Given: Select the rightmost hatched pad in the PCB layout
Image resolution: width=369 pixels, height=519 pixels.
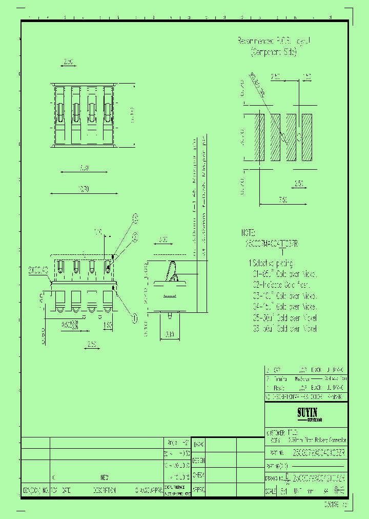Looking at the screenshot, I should coord(307,137).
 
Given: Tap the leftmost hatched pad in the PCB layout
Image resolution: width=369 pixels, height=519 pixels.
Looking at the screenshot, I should coord(259,137).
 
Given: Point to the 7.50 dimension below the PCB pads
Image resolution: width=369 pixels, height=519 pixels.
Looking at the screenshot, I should coord(282,199).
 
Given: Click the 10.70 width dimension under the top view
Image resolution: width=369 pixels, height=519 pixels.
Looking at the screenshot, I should coord(84,189).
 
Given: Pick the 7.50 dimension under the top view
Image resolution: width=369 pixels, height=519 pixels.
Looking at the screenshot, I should coord(84,168).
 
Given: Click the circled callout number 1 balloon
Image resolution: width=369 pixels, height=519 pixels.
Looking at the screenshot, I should coord(135,318).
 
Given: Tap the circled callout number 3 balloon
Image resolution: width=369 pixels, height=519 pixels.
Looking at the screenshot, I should coord(136,218).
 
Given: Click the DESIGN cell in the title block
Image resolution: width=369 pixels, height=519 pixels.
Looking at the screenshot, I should coord(199,460).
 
